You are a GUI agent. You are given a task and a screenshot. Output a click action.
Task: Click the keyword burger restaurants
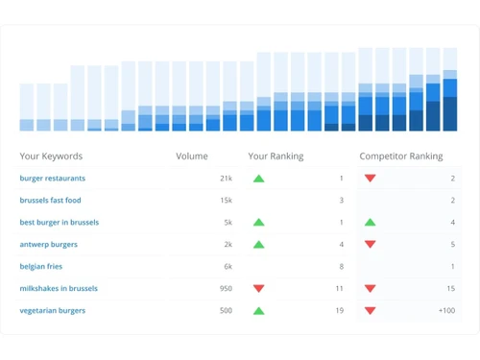click(52, 179)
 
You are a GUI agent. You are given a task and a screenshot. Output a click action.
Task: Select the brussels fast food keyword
click(50, 201)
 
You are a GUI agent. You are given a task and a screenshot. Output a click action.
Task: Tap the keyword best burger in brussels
click(59, 223)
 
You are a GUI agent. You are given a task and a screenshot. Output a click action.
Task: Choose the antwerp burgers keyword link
click(48, 245)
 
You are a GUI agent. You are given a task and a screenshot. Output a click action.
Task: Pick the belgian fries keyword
click(42, 267)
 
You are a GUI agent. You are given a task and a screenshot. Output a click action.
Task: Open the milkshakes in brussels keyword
click(58, 289)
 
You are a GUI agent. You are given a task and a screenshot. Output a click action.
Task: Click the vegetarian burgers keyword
click(52, 311)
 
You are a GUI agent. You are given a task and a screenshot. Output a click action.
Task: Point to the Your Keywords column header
click(51, 156)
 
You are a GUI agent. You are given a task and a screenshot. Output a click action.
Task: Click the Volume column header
click(191, 156)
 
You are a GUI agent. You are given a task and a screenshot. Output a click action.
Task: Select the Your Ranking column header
click(276, 156)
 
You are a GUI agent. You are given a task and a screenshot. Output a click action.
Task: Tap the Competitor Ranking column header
click(401, 156)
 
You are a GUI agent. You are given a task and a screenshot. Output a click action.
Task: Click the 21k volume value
click(226, 179)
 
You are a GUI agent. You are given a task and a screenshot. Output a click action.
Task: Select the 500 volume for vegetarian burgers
click(225, 311)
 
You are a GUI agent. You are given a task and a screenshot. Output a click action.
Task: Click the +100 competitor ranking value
click(445, 311)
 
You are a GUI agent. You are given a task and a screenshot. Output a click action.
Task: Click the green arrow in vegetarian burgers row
click(258, 311)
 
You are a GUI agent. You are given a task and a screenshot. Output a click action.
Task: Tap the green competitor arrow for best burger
click(370, 223)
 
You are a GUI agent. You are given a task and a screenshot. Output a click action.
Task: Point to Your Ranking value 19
click(339, 311)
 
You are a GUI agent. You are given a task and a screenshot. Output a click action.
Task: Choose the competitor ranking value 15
click(450, 289)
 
